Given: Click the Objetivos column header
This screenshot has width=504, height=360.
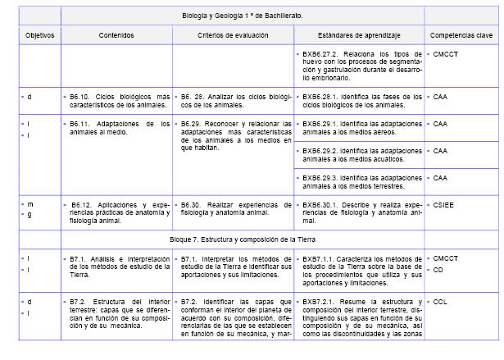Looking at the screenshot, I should point(38,36).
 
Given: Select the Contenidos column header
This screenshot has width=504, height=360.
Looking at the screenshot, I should point(117,36).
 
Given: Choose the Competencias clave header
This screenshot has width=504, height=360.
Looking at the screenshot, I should point(461,36).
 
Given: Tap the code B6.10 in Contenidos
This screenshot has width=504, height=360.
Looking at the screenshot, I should point(84,97).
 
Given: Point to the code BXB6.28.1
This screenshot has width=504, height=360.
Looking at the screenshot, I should point(320,97).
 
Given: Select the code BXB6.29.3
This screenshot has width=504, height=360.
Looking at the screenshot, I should point(320,178).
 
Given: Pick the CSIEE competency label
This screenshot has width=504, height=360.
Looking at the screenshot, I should point(443,204).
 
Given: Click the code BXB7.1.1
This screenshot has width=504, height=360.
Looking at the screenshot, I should point(320,257).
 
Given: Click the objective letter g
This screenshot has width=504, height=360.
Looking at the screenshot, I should point(30,214).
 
